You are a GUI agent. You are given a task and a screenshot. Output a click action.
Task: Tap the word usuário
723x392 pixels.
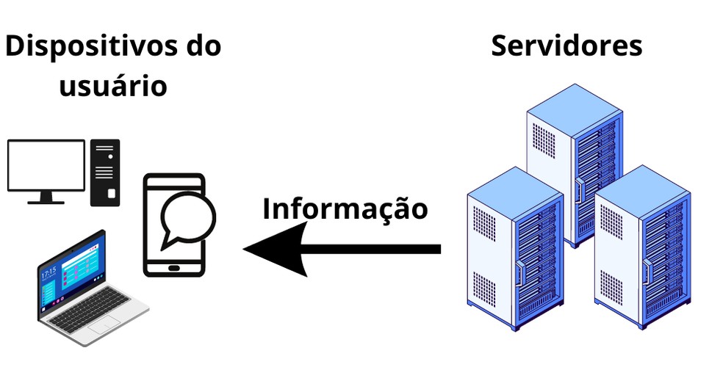pyautogui.click(x=112, y=86)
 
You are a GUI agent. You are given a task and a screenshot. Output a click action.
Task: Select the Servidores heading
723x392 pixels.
pyautogui.click(x=566, y=46)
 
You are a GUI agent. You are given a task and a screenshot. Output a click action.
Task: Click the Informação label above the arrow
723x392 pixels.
pyautogui.click(x=345, y=208)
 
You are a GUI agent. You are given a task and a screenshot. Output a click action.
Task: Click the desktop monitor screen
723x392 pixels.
pyautogui.click(x=46, y=165)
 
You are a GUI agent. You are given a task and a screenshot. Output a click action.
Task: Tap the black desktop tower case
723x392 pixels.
pyautogui.click(x=105, y=173)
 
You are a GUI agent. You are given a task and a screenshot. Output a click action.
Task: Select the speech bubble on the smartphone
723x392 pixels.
pyautogui.click(x=188, y=217)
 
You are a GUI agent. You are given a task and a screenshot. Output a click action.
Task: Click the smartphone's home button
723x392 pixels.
pyautogui.click(x=173, y=267)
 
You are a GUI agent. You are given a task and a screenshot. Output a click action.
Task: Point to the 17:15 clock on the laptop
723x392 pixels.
pyautogui.click(x=48, y=273)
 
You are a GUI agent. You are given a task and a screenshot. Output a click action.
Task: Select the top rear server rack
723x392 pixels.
pyautogui.click(x=574, y=161)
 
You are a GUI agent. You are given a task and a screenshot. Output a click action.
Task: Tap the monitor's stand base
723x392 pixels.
pyautogui.click(x=46, y=200)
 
